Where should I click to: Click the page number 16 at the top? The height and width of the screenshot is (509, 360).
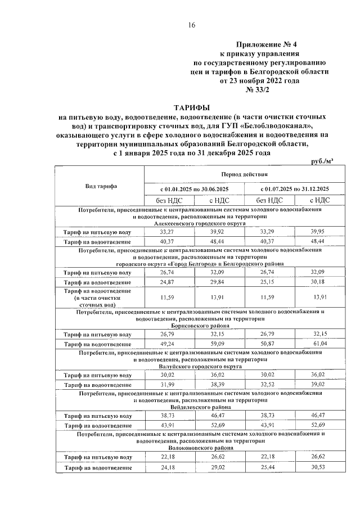pos(191,25)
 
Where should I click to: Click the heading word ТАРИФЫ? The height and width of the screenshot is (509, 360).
pos(191,107)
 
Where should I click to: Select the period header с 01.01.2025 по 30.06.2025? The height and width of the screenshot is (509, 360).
pos(193,188)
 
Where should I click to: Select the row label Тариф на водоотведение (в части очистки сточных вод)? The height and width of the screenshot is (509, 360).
pos(98,296)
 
